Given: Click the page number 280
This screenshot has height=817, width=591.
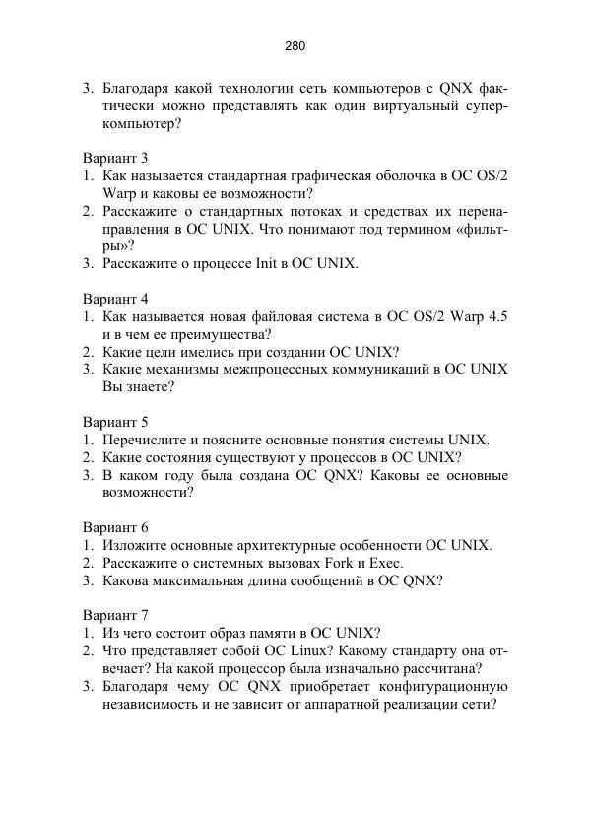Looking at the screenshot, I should click(x=295, y=45).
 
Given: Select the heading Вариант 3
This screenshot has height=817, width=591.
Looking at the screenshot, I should click(x=115, y=157).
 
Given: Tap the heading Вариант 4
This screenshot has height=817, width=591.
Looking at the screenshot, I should click(x=115, y=298).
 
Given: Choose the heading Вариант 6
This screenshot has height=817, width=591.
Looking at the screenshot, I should click(x=115, y=526).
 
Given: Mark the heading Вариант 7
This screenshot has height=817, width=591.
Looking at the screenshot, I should click(x=115, y=615).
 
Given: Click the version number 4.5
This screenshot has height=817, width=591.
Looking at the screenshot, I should click(x=497, y=316).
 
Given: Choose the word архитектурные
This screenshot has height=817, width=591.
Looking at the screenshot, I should click(x=291, y=545).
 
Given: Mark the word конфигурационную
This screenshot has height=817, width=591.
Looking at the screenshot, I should click(x=438, y=687).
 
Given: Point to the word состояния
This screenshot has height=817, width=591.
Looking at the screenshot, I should click(x=182, y=457).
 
